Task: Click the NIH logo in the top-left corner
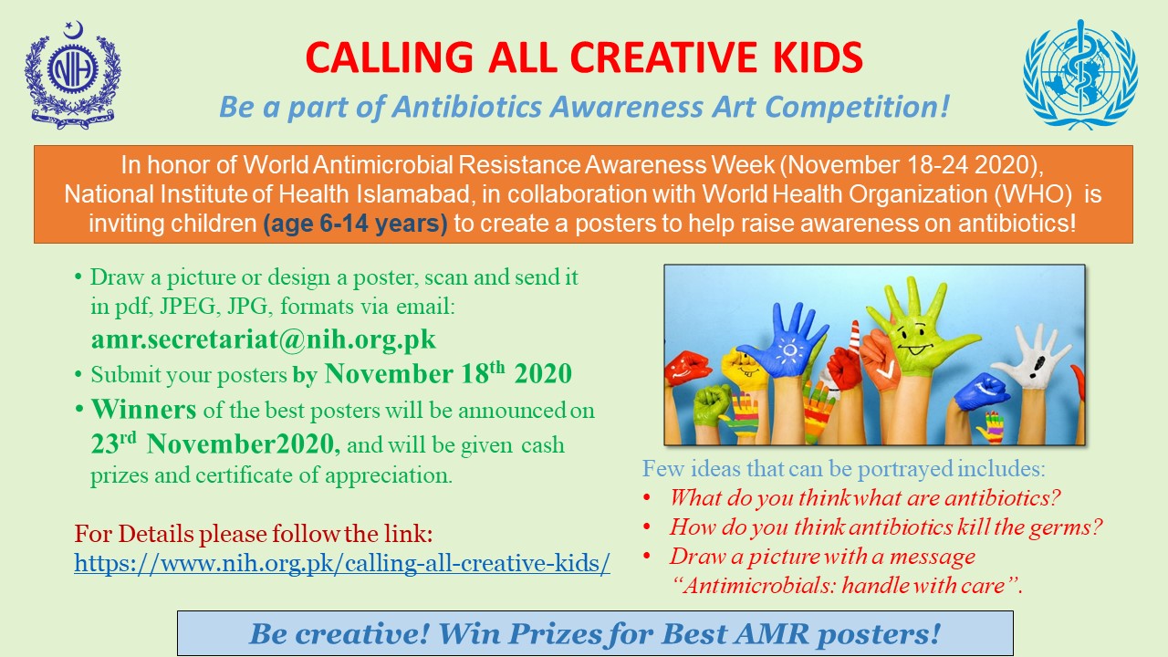(72, 75)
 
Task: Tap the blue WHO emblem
(1079, 75)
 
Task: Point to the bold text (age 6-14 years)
(356, 224)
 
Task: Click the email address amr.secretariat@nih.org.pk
(264, 339)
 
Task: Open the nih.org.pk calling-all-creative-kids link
(342, 563)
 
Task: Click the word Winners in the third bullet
(144, 410)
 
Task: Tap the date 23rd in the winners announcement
(114, 443)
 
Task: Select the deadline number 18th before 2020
(483, 373)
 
